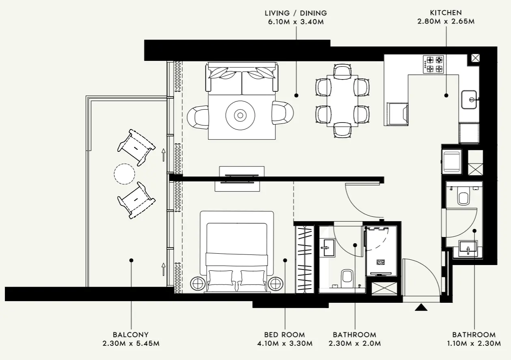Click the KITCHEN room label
coord(446,13)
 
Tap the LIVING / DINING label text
coord(295,13)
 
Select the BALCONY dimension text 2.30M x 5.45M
coord(131,343)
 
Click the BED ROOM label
coord(284,335)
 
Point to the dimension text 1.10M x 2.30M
coord(474,343)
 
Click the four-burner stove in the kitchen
coord(434,65)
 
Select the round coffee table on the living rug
coord(240,115)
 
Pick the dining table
coord(342,100)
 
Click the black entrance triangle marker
coord(421,308)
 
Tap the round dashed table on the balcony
coord(124,174)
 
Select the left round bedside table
coord(198,283)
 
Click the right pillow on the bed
coord(253,278)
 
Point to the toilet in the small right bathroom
coord(463,197)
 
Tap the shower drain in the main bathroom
coord(381,262)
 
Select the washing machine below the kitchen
coord(452,161)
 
